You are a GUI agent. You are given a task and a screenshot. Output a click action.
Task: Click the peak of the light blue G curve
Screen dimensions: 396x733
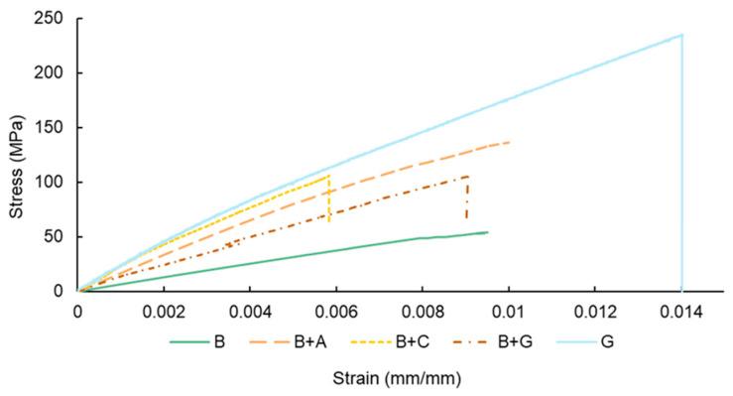pos(681,35)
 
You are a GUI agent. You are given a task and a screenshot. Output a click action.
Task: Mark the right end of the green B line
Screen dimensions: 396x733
pos(487,232)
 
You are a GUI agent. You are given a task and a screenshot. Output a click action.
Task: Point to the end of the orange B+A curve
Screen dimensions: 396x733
pos(509,142)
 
